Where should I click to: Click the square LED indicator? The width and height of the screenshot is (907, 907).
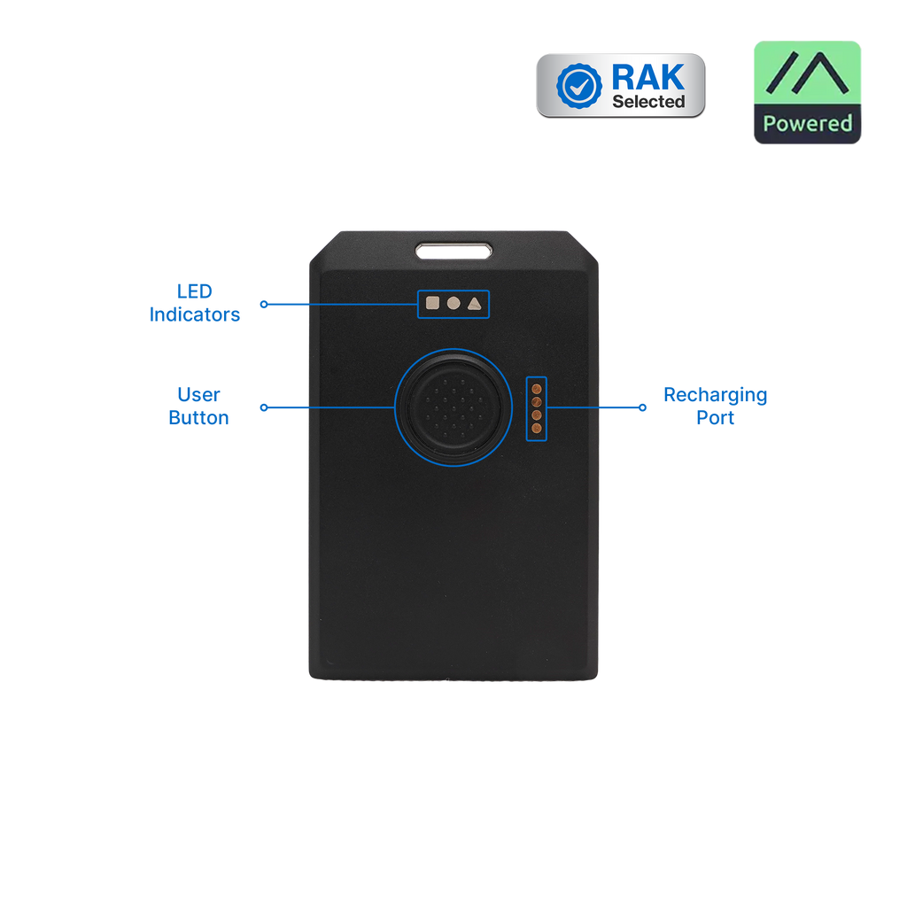coord(432,303)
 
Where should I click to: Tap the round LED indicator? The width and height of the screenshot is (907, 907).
coord(453,303)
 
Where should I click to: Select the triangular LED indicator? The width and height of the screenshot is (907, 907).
coord(475,304)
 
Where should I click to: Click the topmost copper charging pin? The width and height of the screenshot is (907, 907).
coord(536,389)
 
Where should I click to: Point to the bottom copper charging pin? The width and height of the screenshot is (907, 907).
coord(536,429)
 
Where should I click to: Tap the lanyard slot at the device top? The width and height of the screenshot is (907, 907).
coord(454,251)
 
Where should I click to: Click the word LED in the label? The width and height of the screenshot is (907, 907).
coord(194,291)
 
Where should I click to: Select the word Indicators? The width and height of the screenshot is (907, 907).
coord(194,314)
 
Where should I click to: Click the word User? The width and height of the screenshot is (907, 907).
coord(198,394)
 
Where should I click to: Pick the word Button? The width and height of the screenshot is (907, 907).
coord(198,418)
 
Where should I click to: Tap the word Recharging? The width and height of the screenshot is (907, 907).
coord(716,396)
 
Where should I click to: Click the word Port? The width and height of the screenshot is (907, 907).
coord(716,418)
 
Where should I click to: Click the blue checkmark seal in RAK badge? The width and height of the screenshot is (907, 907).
coord(578,86)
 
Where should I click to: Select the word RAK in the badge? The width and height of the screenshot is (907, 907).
coord(647,77)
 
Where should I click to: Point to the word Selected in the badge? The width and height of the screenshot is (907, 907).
coord(648,102)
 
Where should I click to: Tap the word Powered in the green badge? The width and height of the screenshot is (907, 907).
coord(808,123)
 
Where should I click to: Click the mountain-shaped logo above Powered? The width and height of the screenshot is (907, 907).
coord(807,73)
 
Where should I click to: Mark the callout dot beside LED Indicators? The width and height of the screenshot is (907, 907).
coord(264,305)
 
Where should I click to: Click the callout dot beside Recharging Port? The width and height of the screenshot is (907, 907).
coord(642,407)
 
